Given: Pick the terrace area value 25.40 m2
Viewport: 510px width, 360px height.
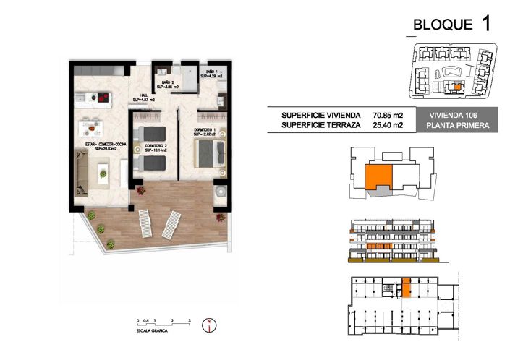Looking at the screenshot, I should pyautogui.click(x=388, y=125).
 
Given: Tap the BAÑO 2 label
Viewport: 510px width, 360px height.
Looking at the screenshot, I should pyautogui.click(x=166, y=82).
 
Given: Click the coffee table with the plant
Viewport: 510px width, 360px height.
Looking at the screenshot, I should pyautogui.click(x=103, y=170).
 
